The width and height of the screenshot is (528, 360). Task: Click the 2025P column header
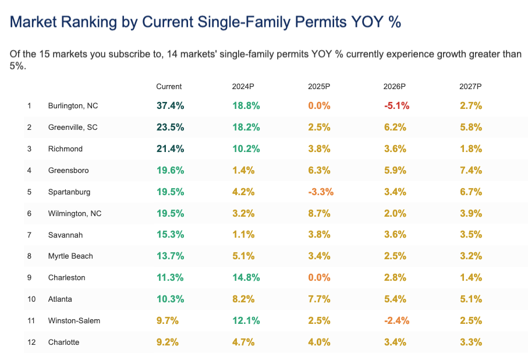[319, 86]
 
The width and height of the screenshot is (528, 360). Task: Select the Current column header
[169, 86]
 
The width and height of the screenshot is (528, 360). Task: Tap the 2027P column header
[470, 86]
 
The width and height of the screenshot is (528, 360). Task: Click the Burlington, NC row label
[73, 106]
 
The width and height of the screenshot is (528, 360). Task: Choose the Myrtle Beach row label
[70, 256]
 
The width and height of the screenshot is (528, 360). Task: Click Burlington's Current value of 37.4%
[170, 106]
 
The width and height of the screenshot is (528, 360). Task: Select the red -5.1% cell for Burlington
[396, 106]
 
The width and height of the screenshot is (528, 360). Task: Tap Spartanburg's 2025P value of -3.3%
[320, 192]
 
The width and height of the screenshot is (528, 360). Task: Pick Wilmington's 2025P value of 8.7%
[319, 213]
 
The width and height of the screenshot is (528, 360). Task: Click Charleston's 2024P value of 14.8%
[246, 277]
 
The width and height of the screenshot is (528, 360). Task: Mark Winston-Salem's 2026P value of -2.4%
[396, 320]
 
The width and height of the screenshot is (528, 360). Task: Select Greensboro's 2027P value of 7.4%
[470, 170]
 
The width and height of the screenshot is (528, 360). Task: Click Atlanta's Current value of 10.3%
[170, 299]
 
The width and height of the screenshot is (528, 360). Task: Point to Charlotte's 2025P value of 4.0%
[319, 342]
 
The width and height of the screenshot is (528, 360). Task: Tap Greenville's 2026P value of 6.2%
[395, 128]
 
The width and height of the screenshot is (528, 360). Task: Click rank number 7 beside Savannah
[29, 235]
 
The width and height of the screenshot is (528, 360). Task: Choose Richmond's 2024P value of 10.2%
[246, 149]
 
